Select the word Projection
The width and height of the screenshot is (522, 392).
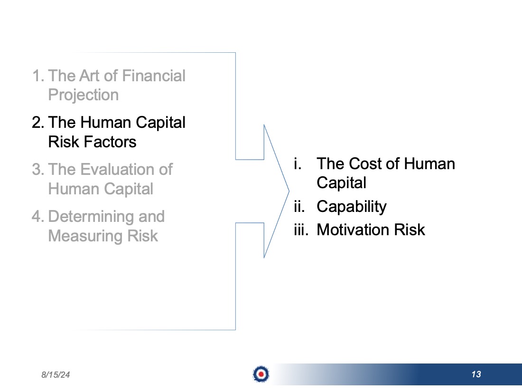pos(83,96)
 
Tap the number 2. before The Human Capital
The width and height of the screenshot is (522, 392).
pos(38,122)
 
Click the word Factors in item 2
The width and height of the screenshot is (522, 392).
pos(110,142)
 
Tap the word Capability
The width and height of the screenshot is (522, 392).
pos(352,207)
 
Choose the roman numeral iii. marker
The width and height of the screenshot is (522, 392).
pos(301,229)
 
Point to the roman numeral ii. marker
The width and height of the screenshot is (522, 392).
pos(299,206)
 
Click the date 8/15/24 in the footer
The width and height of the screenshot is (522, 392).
pos(56,375)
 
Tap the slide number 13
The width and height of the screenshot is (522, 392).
pos(476,374)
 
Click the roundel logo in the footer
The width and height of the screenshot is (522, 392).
pos(261,374)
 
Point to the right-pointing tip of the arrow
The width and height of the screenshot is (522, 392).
pos(289,191)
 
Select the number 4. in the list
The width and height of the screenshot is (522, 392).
pos(38,217)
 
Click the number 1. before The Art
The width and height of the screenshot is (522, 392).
pos(38,76)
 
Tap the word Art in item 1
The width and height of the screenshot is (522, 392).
pos(89,76)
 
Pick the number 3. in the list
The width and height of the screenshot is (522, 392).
pos(38,169)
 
